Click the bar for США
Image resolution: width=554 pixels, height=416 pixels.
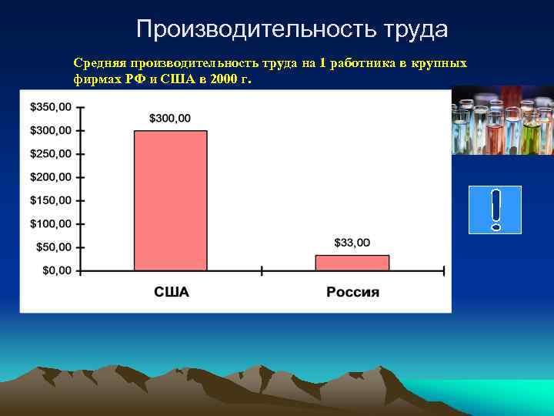click(x=171, y=200)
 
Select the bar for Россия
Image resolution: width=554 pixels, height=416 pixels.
click(x=352, y=263)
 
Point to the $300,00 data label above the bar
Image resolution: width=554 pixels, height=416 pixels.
click(x=170, y=118)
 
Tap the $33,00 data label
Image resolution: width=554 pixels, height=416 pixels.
click(x=352, y=243)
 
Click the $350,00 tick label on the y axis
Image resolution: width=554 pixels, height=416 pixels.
click(x=51, y=106)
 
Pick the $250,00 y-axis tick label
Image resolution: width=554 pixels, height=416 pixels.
click(x=51, y=153)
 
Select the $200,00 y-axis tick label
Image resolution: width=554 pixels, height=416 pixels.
click(x=51, y=177)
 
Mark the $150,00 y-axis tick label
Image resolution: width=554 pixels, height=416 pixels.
click(x=51, y=200)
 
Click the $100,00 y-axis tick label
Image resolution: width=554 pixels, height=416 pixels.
click(x=51, y=224)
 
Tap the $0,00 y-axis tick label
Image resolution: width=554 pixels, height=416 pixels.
click(x=56, y=270)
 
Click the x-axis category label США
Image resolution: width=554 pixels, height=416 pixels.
click(x=171, y=292)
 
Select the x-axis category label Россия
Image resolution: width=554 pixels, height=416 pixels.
click(x=352, y=292)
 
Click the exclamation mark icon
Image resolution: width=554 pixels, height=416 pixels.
click(x=495, y=210)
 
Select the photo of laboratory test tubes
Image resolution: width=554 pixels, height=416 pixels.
click(x=502, y=120)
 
